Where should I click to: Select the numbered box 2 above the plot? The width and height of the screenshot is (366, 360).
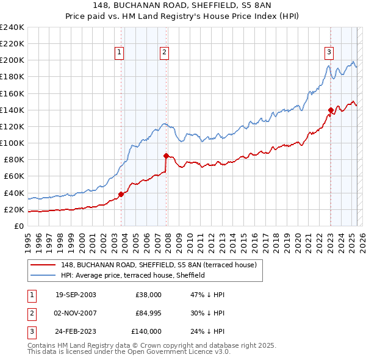tap(165, 52)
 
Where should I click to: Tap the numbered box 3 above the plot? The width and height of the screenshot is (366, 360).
tap(329, 52)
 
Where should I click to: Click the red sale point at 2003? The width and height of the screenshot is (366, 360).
tap(121, 194)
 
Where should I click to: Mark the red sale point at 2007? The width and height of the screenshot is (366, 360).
tap(166, 156)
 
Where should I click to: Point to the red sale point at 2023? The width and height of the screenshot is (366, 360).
tap(331, 110)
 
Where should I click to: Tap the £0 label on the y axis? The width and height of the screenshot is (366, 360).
tap(18, 226)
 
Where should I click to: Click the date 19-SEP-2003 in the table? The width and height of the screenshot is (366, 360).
tap(76, 295)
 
